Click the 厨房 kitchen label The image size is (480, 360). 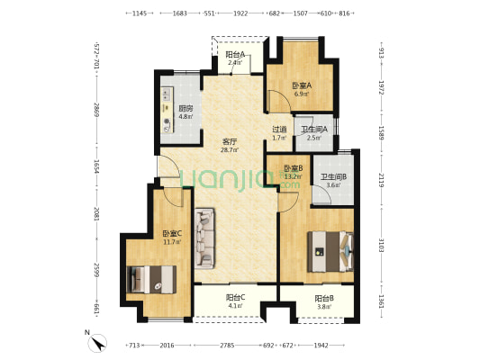(x=186, y=108)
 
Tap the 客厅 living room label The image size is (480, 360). (x=230, y=141)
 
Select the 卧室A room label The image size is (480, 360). (x=302, y=85)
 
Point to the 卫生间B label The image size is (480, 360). (x=333, y=176)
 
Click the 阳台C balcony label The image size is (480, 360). (x=235, y=297)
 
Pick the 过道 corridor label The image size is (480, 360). (x=279, y=130)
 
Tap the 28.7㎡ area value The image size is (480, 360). (x=230, y=150)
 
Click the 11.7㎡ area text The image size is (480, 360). (x=172, y=242)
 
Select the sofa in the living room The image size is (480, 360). (x=204, y=238)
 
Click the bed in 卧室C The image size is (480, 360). (x=151, y=280)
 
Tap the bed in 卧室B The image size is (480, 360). (x=331, y=251)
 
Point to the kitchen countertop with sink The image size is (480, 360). (x=167, y=110)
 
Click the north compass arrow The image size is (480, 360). (x=99, y=344)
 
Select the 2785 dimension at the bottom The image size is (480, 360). (x=227, y=346)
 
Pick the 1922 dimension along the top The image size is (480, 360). (x=240, y=13)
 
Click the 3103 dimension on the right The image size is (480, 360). (x=381, y=245)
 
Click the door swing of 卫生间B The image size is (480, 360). (x=322, y=194)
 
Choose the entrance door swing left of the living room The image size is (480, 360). (x=168, y=166)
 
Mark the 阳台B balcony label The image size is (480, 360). (x=324, y=298)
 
